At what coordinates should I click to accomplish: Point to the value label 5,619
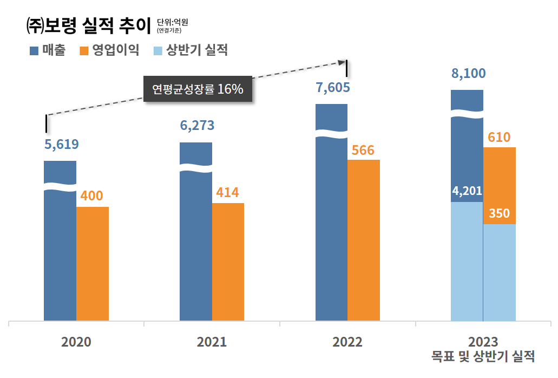coord(61,145)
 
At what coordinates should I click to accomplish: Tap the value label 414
coord(227,192)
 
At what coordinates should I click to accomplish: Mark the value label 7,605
coord(333,88)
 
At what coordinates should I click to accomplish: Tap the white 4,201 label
coord(467,191)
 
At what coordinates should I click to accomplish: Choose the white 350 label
coord(499,213)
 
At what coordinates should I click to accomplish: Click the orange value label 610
coord(499,138)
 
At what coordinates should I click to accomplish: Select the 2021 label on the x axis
coord(212,342)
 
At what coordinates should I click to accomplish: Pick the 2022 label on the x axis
coord(347,342)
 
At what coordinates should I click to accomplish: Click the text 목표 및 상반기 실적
coord(483,357)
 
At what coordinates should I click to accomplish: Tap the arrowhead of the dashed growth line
coord(342,62)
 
